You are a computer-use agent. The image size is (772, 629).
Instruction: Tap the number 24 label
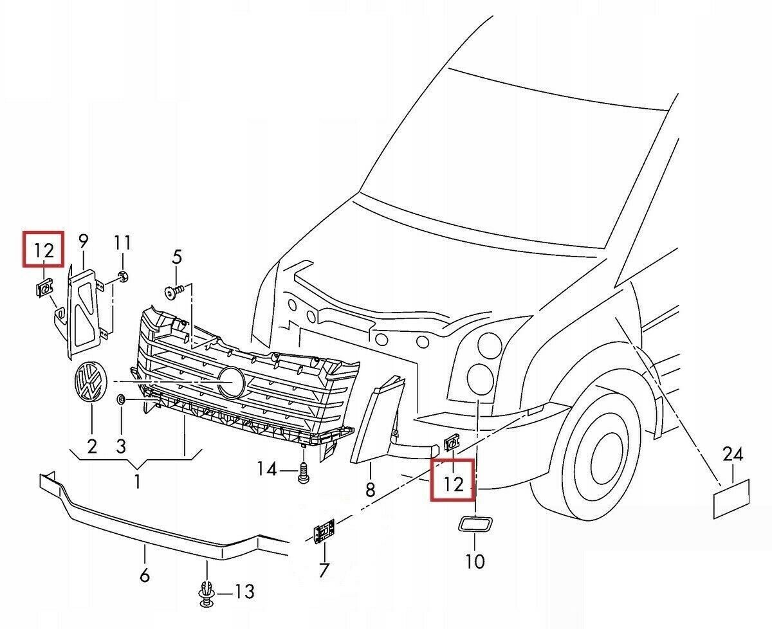(x=732, y=455)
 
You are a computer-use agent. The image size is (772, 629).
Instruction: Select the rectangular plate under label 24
(x=732, y=498)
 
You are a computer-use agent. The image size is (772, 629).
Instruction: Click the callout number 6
(x=144, y=574)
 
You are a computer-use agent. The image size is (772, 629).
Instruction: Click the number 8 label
(x=370, y=490)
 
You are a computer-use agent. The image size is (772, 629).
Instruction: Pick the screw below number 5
(x=174, y=292)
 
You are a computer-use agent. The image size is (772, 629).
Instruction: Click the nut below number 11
(x=123, y=277)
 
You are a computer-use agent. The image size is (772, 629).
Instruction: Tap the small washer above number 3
(x=121, y=401)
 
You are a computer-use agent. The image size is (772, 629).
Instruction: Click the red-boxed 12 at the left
(x=43, y=248)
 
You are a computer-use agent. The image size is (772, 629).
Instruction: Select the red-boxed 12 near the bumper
(x=454, y=480)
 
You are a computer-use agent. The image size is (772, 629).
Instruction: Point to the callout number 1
(x=137, y=480)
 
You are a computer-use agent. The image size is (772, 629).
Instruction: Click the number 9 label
(x=84, y=242)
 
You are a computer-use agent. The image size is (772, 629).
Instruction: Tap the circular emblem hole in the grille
(x=230, y=383)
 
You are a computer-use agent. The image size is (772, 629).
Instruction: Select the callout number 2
(x=91, y=446)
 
